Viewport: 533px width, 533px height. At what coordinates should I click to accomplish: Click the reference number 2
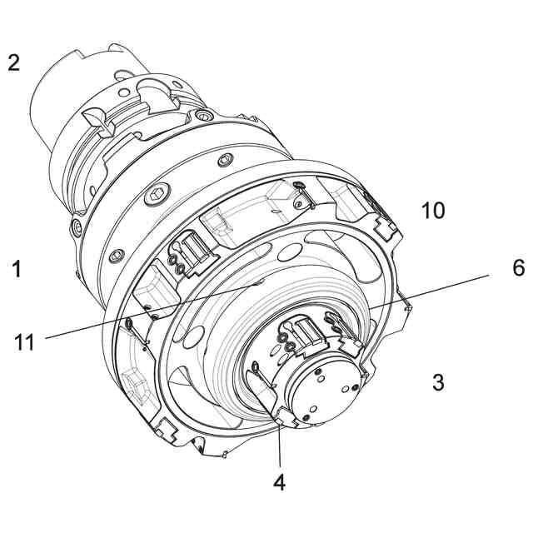tap(13, 62)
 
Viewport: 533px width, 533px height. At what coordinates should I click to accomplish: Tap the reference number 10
tap(432, 210)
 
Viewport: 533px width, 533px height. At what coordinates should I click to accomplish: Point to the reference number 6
tap(517, 267)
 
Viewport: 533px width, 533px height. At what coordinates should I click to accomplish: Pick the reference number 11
tap(24, 341)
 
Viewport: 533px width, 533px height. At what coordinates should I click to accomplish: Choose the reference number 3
tap(438, 382)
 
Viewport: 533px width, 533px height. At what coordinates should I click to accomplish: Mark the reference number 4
tap(280, 482)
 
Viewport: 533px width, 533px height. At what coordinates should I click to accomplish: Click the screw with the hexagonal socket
tap(157, 197)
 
